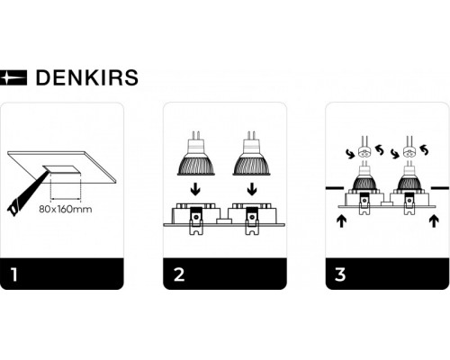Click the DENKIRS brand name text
pos(85,77)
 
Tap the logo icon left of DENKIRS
pos(15,78)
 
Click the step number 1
pos(14,274)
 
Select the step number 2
pos(177,274)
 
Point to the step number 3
pos(339,274)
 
